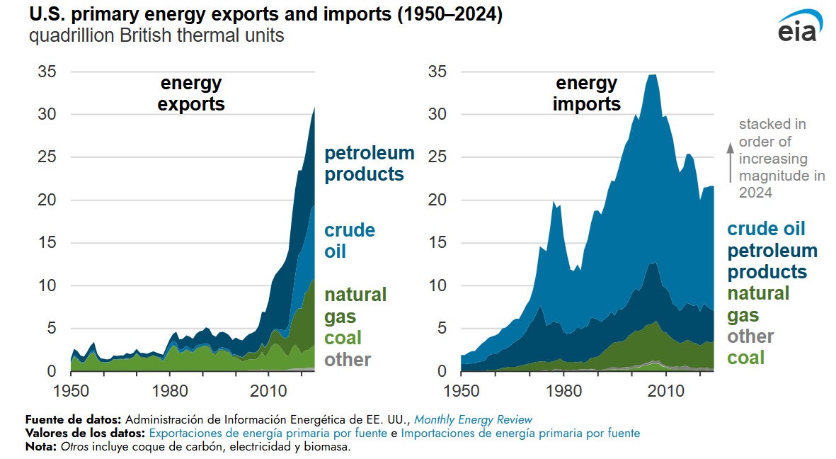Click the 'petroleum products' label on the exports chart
[369, 164]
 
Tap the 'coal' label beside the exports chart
[343, 337]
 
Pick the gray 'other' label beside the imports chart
[750, 336]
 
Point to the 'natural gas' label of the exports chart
[355, 305]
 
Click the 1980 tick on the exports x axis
[168, 390]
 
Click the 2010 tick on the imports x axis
[666, 390]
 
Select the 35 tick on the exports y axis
[46, 72]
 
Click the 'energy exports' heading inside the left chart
[191, 93]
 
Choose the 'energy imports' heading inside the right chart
[586, 93]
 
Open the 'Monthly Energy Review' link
[473, 419]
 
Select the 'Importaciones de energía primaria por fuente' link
[520, 433]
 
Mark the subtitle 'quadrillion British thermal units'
[156, 35]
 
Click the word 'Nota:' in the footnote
[41, 447]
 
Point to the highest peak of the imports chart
[652, 75]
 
